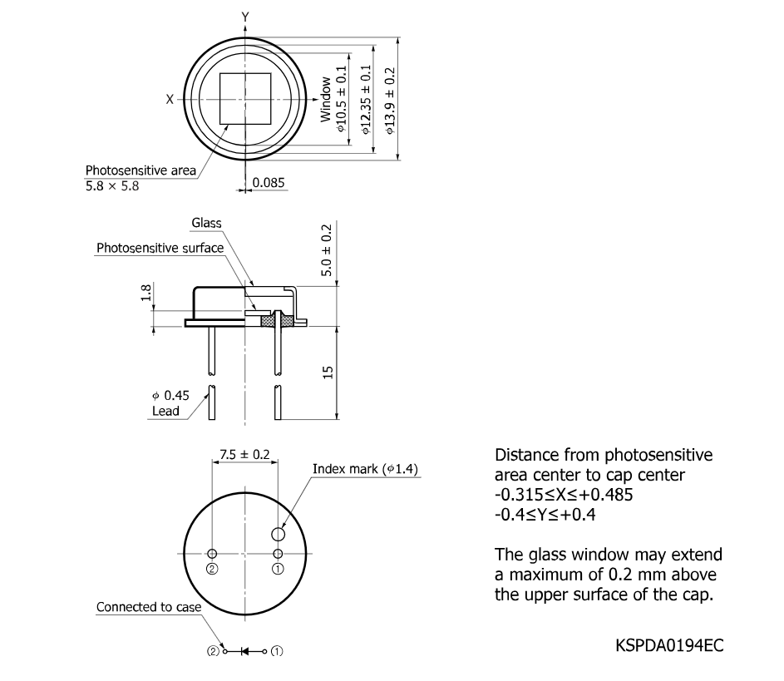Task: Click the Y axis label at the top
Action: pyautogui.click(x=244, y=17)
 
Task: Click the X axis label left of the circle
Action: pyautogui.click(x=170, y=98)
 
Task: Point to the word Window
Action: pyautogui.click(x=326, y=100)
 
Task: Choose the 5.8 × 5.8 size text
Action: pyautogui.click(x=112, y=186)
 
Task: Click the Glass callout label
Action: pyautogui.click(x=206, y=223)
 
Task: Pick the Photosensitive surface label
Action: pyautogui.click(x=160, y=248)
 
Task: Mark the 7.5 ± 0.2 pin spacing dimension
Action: pyautogui.click(x=244, y=455)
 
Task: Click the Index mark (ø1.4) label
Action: pyautogui.click(x=365, y=469)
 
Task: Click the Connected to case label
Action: pyautogui.click(x=148, y=607)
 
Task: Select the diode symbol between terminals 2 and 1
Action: pyautogui.click(x=245, y=651)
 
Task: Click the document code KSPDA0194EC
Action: pyautogui.click(x=664, y=645)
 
